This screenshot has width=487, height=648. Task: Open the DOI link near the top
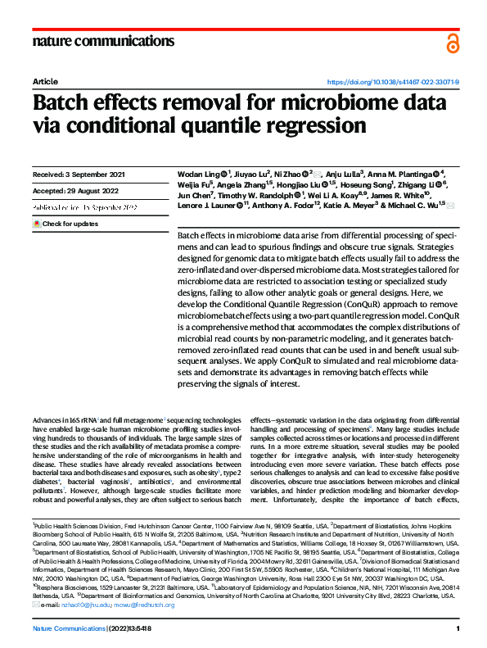click(393, 83)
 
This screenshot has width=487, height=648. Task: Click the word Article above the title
click(44, 83)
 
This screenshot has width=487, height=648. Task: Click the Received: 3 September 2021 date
click(79, 175)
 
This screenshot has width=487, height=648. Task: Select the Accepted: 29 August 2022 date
click(78, 193)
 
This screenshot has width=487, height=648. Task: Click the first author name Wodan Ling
click(197, 174)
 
